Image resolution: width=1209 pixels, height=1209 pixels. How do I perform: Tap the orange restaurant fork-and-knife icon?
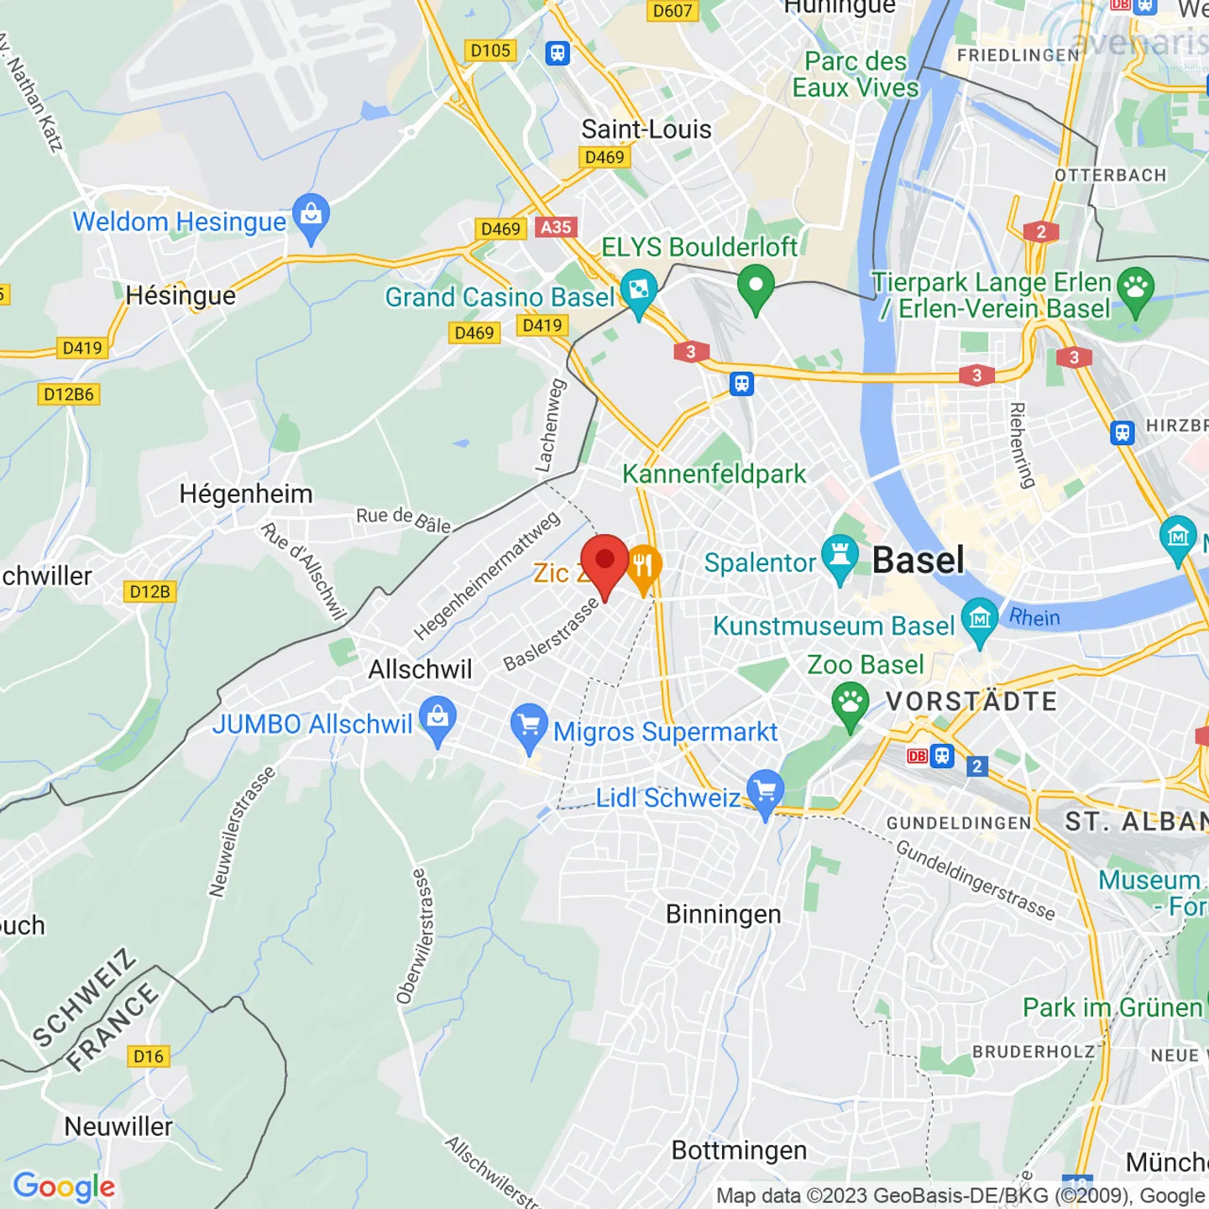coord(643,566)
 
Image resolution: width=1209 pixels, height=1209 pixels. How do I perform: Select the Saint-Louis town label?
coord(646,129)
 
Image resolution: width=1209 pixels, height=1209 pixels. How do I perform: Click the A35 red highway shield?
coord(556,227)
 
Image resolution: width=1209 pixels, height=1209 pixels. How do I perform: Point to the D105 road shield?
coord(490,50)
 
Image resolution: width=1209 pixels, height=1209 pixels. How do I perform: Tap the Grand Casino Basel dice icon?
coord(638,290)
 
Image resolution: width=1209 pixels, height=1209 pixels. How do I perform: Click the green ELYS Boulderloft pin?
coord(755,285)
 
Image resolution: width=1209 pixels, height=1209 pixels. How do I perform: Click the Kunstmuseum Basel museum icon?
coord(979,619)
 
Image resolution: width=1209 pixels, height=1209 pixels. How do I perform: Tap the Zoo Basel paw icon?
coord(850,701)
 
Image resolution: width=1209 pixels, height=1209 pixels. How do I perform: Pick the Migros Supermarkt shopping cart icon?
coord(529,725)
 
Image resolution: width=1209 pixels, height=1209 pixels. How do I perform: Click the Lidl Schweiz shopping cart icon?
coord(765,791)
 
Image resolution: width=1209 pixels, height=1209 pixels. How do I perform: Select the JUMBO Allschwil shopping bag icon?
coord(437,718)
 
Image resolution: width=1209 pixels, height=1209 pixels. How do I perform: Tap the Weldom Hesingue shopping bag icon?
coord(311,215)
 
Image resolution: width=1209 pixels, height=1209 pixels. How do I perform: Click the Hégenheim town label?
coord(245,494)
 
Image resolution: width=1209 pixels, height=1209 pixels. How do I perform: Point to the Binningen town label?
coord(723,914)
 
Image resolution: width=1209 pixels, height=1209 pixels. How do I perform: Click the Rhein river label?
coord(1034,618)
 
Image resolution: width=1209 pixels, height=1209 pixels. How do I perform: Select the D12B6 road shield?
coord(69,394)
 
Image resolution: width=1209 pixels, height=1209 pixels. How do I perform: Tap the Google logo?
coord(64,1187)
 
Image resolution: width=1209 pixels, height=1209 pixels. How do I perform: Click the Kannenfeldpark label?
coord(714,474)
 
